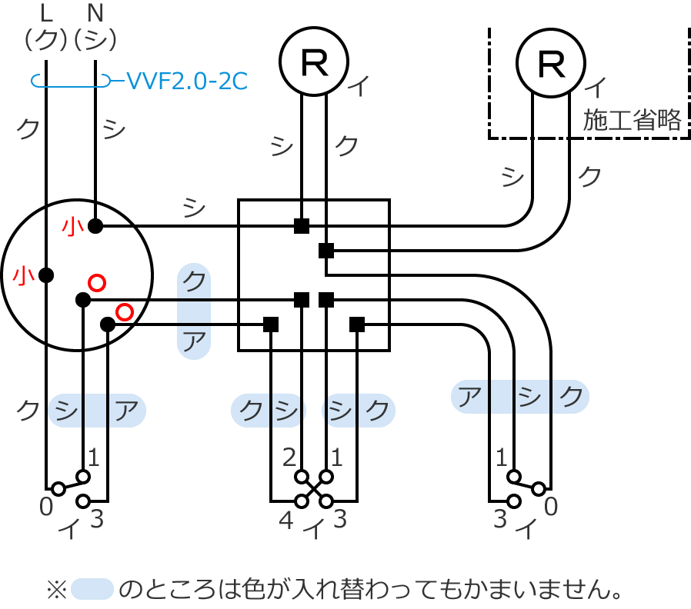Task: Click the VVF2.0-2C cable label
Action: [186, 80]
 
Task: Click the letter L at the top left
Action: [46, 13]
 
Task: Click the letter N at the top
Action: [95, 13]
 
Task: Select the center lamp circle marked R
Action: [314, 62]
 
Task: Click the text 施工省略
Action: [633, 121]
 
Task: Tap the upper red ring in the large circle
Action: [96, 282]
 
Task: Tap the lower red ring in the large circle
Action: [124, 311]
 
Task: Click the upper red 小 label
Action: [73, 226]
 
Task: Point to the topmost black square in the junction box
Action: [302, 226]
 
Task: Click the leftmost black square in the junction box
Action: [271, 324]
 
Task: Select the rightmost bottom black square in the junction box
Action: [357, 324]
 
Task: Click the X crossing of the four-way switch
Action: [314, 488]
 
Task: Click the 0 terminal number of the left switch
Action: [46, 507]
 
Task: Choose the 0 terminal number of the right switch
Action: [550, 507]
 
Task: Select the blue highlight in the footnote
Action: [92, 590]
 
